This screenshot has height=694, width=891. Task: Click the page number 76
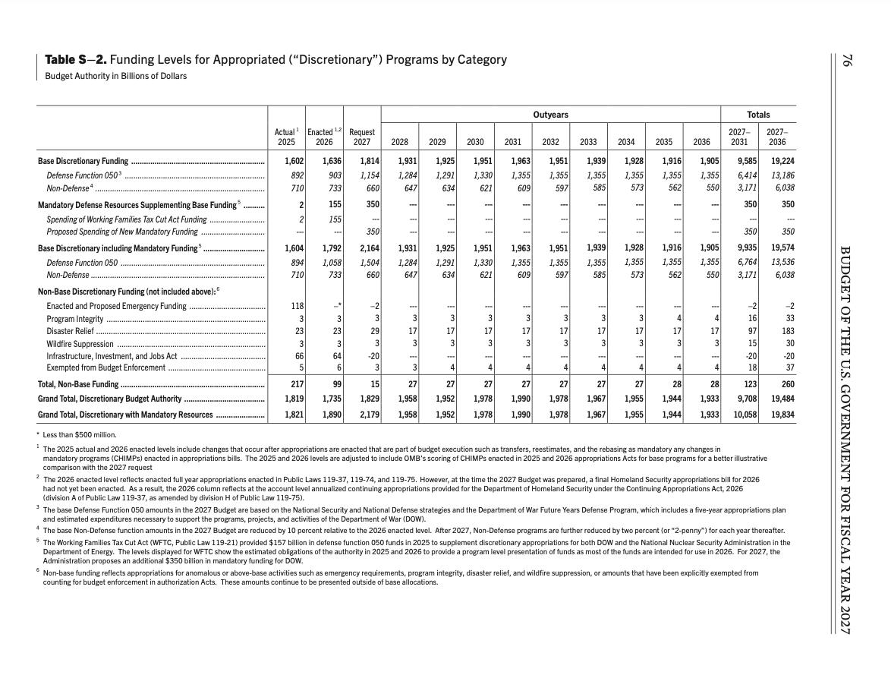pyautogui.click(x=845, y=60)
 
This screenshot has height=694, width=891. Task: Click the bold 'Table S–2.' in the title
pyautogui.click(x=75, y=59)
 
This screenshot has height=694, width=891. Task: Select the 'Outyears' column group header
pyautogui.click(x=550, y=115)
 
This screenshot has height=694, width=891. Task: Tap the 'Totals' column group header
pyautogui.click(x=758, y=115)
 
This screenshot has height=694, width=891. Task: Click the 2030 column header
pyautogui.click(x=475, y=142)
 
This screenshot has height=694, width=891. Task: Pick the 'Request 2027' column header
pyautogui.click(x=362, y=137)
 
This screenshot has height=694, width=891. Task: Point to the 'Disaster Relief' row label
pyautogui.click(x=70, y=331)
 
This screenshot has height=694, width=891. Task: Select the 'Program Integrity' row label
pyautogui.click(x=74, y=319)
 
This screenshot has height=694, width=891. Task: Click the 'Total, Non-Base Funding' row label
pyautogui.click(x=78, y=384)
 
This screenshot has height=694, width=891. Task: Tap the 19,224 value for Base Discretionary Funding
pyautogui.click(x=782, y=161)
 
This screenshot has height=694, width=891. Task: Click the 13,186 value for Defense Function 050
pyautogui.click(x=782, y=175)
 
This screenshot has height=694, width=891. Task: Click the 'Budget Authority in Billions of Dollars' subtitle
pyautogui.click(x=115, y=76)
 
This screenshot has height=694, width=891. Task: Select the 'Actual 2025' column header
pyautogui.click(x=286, y=137)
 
